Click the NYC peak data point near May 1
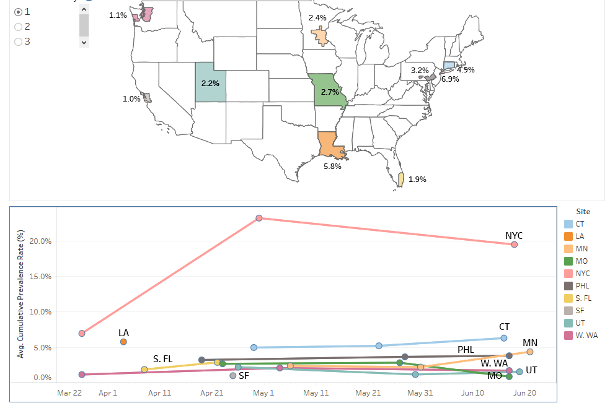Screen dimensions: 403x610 point(259,218)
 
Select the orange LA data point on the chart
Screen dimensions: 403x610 point(124,342)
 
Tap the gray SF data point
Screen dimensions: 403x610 point(233,376)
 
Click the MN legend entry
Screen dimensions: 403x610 point(582,249)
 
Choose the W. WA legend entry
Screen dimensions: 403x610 point(586,336)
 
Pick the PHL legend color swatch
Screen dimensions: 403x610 point(568,286)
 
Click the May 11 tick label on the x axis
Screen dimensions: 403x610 point(316,392)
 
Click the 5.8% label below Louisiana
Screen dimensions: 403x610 point(332,167)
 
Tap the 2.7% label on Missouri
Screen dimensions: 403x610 point(330,92)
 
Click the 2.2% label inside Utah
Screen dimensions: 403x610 point(210,82)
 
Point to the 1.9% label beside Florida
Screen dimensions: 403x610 point(417,180)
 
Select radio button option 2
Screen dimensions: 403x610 point(18,27)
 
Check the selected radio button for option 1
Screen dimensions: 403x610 point(18,12)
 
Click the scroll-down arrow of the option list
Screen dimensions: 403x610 point(84,42)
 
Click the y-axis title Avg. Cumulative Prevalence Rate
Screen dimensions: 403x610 point(20,294)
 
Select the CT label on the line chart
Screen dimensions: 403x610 point(504,326)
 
